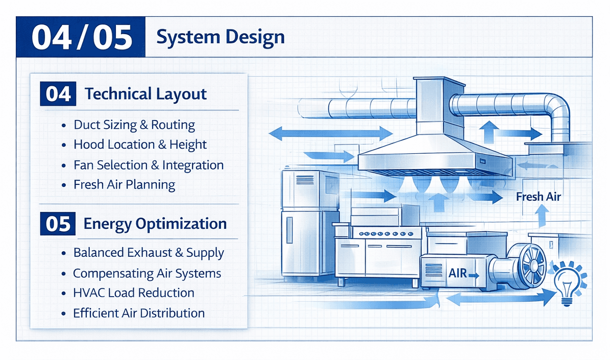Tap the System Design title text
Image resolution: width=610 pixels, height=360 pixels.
point(221,37)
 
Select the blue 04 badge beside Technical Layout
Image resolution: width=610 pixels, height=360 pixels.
point(58,94)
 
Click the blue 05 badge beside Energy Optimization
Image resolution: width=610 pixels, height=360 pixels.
point(58,224)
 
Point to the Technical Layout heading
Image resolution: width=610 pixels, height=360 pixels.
point(145,94)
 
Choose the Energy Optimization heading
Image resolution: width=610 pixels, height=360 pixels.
point(155,224)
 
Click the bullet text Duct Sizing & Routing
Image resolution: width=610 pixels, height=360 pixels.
point(134,125)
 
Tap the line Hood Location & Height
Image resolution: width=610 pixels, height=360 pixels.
point(140,145)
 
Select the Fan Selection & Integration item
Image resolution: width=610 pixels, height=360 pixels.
point(149,165)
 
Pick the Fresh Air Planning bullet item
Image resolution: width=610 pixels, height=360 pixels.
point(124,184)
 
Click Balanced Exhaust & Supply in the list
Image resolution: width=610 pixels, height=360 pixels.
point(149,253)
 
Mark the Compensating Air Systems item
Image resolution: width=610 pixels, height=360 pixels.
point(147,273)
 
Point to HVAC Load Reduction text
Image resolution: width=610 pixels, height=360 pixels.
point(134,293)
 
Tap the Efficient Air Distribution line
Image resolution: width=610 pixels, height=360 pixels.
point(139,313)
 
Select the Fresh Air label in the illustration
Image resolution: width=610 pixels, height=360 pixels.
point(538,197)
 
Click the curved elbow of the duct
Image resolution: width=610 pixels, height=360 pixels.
point(559,110)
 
